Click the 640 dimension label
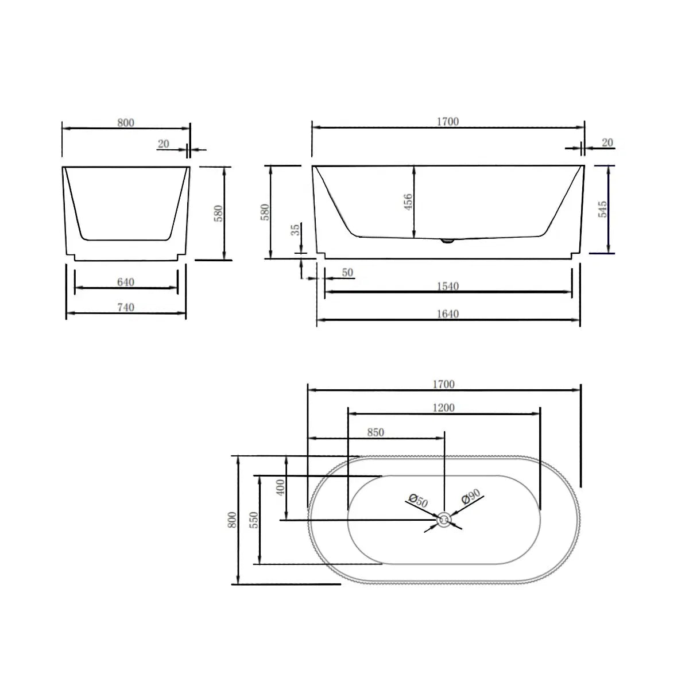pyautogui.click(x=125, y=282)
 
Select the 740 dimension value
pyautogui.click(x=125, y=308)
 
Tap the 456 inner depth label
pyautogui.click(x=408, y=202)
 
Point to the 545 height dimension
pyautogui.click(x=602, y=209)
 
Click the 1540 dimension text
pyautogui.click(x=447, y=286)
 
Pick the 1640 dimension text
pyautogui.click(x=447, y=314)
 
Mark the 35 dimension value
pyautogui.click(x=296, y=230)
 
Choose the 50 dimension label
pyautogui.click(x=347, y=273)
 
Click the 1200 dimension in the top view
pyautogui.click(x=443, y=408)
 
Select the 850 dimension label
pyautogui.click(x=375, y=432)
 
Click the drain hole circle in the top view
pyautogui.click(x=444, y=520)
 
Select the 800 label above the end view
pyautogui.click(x=125, y=122)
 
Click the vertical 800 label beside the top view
pyautogui.click(x=232, y=520)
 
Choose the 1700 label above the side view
pyautogui.click(x=447, y=122)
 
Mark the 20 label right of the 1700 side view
pyautogui.click(x=607, y=142)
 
